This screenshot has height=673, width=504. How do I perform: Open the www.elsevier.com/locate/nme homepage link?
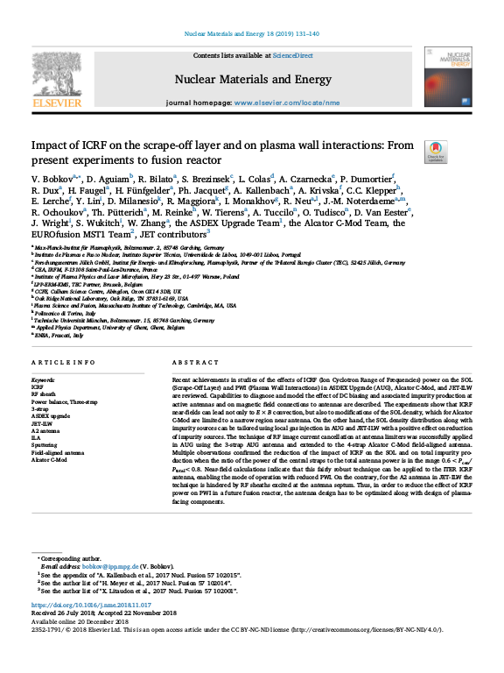coord(285,103)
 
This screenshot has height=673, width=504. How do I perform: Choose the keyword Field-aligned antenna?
coord(59,451)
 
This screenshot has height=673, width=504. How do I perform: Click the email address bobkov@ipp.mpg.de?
coord(101,567)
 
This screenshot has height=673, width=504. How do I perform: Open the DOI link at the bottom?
coord(90,606)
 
